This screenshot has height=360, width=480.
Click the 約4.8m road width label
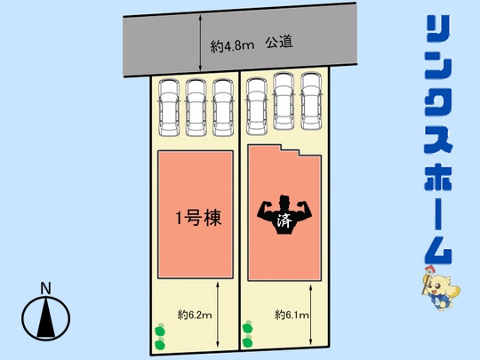[x=232, y=46]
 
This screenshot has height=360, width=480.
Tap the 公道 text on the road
[x=279, y=43]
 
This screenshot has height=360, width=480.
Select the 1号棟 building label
[x=198, y=218]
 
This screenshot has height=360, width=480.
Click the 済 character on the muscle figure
[x=284, y=220]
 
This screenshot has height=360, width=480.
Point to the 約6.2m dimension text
[x=195, y=315]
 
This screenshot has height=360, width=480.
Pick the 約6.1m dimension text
[x=292, y=315]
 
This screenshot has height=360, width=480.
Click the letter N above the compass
[x=46, y=288]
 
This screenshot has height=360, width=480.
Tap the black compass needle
[x=46, y=318]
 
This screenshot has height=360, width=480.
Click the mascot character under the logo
[x=441, y=288]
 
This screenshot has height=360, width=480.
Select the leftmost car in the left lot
[x=169, y=108]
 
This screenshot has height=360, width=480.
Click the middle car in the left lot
[x=196, y=108]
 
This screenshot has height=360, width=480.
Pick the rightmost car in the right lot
[x=311, y=100]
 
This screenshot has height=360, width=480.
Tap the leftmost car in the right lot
[x=257, y=107]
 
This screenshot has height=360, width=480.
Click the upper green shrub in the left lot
[x=160, y=331]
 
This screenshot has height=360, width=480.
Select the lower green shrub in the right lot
[x=247, y=341]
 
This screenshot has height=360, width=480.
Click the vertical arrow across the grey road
[x=200, y=43]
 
